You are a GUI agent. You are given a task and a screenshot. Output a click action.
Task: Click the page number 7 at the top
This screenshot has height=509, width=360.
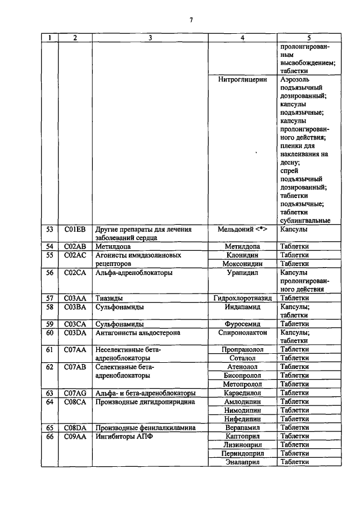click(191, 20)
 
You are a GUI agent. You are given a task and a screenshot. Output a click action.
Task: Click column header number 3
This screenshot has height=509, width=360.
click(150, 38)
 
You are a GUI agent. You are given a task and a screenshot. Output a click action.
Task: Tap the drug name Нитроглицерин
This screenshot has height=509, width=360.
click(242, 80)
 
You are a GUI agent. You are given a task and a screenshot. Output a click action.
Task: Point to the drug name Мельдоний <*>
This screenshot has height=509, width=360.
click(242, 229)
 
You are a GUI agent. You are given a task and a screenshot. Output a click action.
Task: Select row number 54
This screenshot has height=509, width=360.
click(49, 246)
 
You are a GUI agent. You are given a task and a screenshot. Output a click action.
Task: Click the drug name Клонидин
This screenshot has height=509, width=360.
click(242, 255)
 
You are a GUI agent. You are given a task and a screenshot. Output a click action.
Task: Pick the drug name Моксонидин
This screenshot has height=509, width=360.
click(242, 263)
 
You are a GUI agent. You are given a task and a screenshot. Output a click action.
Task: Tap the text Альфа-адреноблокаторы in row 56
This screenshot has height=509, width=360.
click(134, 272)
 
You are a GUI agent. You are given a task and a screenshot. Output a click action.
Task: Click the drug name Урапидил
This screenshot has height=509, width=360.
click(242, 272)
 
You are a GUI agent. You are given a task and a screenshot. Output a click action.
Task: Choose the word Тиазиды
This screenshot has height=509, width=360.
click(109, 298)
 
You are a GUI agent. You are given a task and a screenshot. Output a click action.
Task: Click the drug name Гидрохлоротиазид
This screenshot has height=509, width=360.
click(242, 298)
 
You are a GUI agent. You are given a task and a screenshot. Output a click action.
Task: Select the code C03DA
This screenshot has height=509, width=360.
click(75, 332)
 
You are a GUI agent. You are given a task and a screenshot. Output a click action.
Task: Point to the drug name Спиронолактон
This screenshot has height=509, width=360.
click(242, 332)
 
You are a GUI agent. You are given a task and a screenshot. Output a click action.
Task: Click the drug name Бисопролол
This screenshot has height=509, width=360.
click(242, 375)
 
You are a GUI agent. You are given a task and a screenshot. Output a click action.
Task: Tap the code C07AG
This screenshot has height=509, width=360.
click(75, 393)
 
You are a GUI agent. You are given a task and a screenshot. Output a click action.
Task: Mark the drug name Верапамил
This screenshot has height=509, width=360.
click(242, 427)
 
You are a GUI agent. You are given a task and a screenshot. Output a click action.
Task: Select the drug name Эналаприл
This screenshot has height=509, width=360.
click(242, 462)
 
